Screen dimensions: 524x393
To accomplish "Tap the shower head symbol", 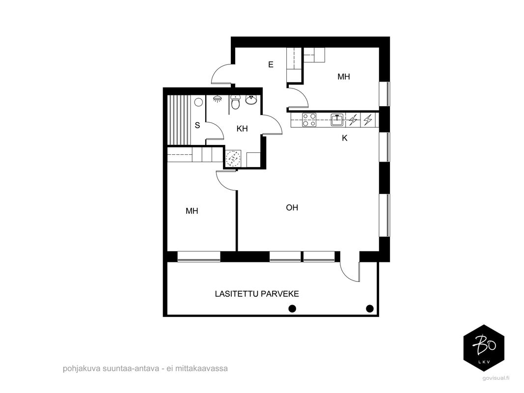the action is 217,99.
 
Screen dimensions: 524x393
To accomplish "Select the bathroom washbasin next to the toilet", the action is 251,100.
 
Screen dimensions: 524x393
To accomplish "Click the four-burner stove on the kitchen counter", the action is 309,120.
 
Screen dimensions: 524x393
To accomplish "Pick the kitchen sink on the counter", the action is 337,120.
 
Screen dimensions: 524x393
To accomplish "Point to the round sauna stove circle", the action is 199,102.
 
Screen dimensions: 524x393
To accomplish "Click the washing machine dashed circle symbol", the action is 233,158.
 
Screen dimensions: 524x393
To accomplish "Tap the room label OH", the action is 292,207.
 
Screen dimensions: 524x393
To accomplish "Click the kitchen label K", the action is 345,138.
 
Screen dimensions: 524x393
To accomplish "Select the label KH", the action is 242,129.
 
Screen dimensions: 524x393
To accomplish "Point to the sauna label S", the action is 197,126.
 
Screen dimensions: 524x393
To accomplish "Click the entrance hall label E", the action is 271,64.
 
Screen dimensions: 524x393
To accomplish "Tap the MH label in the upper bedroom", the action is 344,77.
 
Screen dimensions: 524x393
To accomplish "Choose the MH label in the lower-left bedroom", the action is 192,211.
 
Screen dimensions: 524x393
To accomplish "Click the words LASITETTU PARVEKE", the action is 257,294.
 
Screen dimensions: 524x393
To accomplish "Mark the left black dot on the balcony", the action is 292,309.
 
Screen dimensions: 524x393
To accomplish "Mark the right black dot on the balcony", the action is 370,309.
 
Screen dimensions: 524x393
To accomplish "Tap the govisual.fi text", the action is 496,378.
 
